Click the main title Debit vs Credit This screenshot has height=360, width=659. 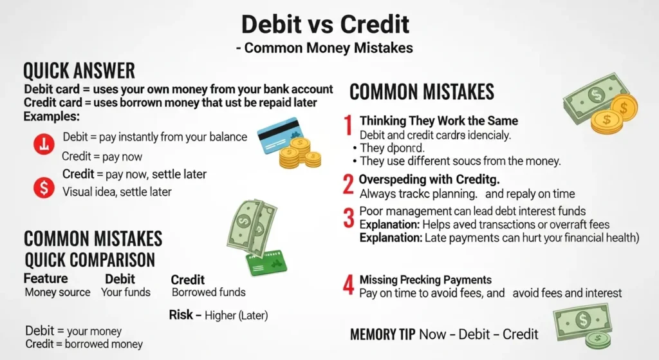coord(325,24)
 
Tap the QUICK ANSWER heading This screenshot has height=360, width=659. coord(79,70)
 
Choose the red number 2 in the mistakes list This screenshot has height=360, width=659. coord(348,185)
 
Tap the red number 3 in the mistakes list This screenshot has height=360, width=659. coord(348,218)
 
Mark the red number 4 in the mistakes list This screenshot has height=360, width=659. coord(348,285)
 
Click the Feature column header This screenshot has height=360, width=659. coord(46,279)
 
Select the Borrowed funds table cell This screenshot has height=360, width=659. coord(209,292)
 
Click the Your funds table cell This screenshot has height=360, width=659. coord(125,292)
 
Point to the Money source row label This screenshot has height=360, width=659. coord(57,292)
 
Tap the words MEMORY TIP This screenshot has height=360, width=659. coord(382,334)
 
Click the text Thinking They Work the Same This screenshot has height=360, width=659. coord(438,121)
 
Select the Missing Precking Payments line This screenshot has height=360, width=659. coord(425,279)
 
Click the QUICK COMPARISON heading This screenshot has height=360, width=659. coord(89,260)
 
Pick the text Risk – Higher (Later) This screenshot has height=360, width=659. coord(218,316)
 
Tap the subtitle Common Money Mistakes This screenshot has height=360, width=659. coord(325,48)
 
